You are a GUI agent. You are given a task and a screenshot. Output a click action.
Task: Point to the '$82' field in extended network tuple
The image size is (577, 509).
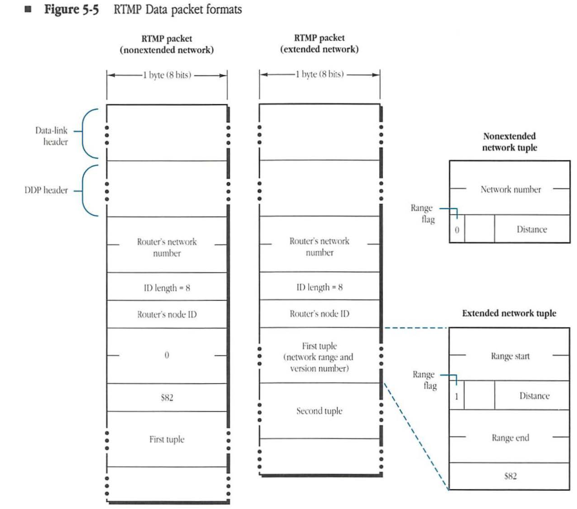[509, 476]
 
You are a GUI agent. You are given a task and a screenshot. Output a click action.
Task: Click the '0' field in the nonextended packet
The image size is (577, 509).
[167, 355]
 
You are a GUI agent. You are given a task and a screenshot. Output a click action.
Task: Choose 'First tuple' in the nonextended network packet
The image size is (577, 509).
[167, 439]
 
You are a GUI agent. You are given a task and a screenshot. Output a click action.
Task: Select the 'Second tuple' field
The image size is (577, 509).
[319, 411]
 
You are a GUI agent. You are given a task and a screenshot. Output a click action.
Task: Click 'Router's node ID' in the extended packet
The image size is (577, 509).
[319, 314]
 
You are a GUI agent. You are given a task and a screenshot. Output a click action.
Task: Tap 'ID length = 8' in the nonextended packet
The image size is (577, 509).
[167, 287]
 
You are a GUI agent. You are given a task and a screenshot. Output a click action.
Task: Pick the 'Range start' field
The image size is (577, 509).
[510, 356]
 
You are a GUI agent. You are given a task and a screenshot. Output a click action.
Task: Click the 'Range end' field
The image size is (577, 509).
[510, 438]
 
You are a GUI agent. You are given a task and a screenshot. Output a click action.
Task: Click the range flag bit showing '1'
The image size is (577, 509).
[456, 397]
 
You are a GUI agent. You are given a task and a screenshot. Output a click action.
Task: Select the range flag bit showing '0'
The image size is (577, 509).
[457, 230]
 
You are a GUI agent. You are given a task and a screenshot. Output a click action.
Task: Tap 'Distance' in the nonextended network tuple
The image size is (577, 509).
[532, 230]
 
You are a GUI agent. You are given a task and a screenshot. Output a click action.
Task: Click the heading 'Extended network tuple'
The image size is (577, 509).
[509, 314]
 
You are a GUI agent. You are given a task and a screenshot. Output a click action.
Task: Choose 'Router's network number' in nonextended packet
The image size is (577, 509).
[167, 247]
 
